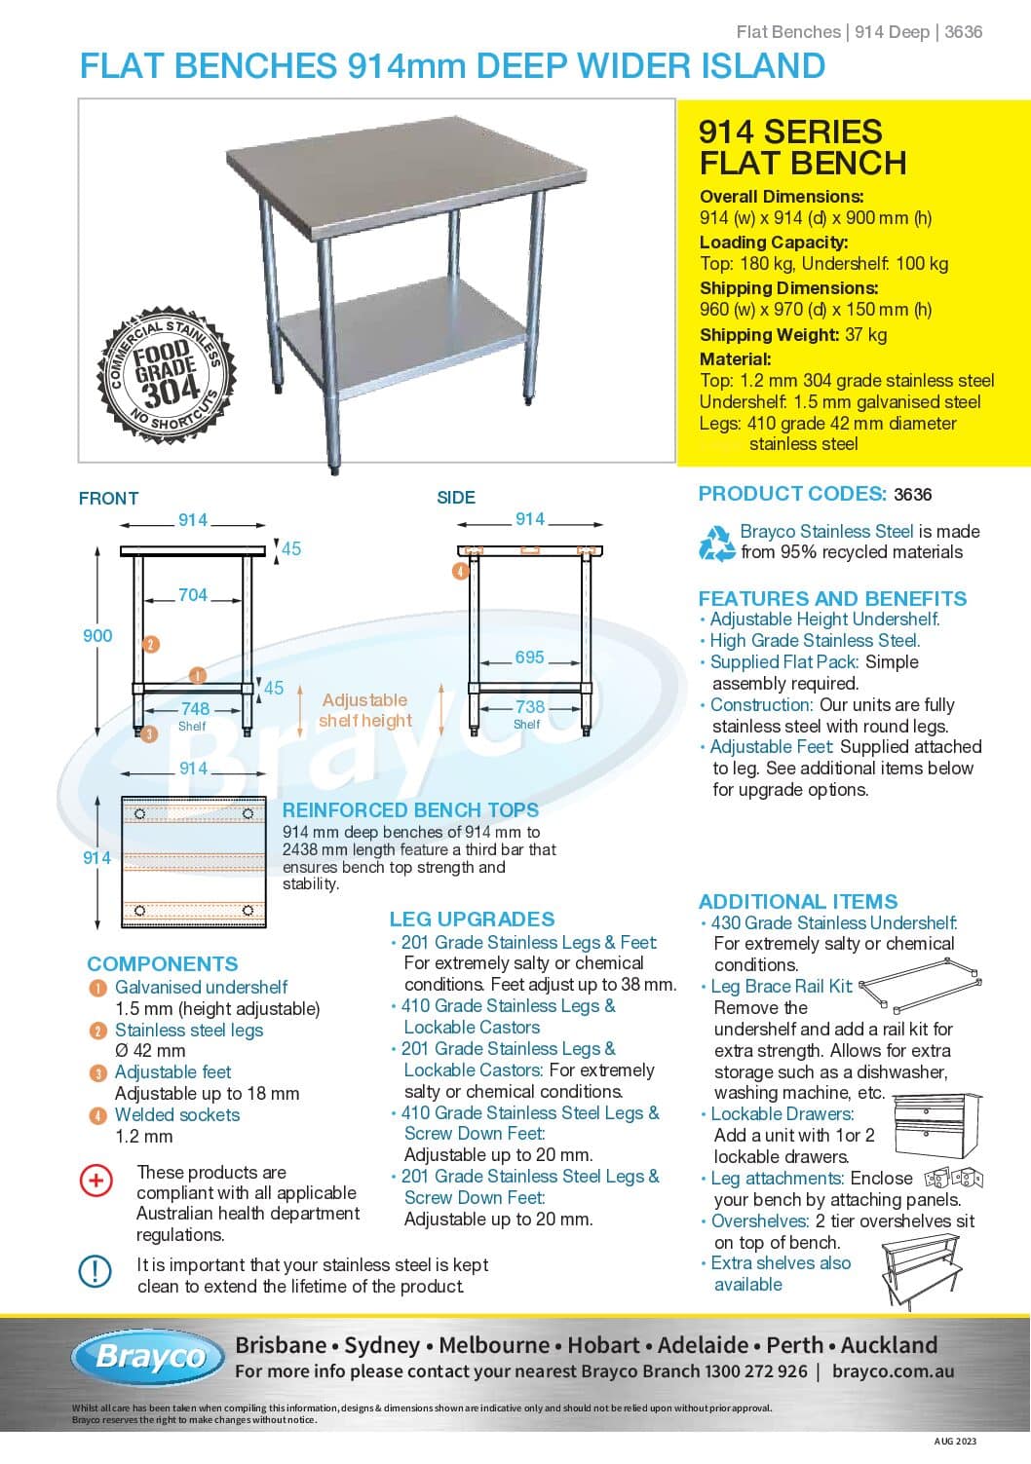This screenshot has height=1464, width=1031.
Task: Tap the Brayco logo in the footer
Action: point(152,1357)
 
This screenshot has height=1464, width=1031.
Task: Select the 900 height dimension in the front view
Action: point(97,636)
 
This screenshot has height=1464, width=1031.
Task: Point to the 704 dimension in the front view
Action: point(193,595)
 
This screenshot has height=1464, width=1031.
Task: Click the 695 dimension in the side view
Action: point(529,657)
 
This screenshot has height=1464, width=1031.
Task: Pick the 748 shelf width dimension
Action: point(195,709)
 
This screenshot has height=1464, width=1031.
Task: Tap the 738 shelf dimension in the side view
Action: point(530,707)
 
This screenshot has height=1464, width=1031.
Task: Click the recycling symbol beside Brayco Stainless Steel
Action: point(717,543)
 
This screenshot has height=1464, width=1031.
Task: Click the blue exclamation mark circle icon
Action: point(95,1271)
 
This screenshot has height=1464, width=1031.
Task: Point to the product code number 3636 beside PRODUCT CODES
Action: point(912,495)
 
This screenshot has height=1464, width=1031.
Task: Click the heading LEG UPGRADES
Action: point(472,920)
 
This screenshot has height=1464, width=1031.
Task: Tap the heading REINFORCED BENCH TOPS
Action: point(410,810)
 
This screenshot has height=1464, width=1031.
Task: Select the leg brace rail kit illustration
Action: point(914,984)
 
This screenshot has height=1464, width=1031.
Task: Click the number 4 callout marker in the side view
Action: point(460,572)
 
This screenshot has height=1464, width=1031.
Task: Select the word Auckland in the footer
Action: point(889,1345)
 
